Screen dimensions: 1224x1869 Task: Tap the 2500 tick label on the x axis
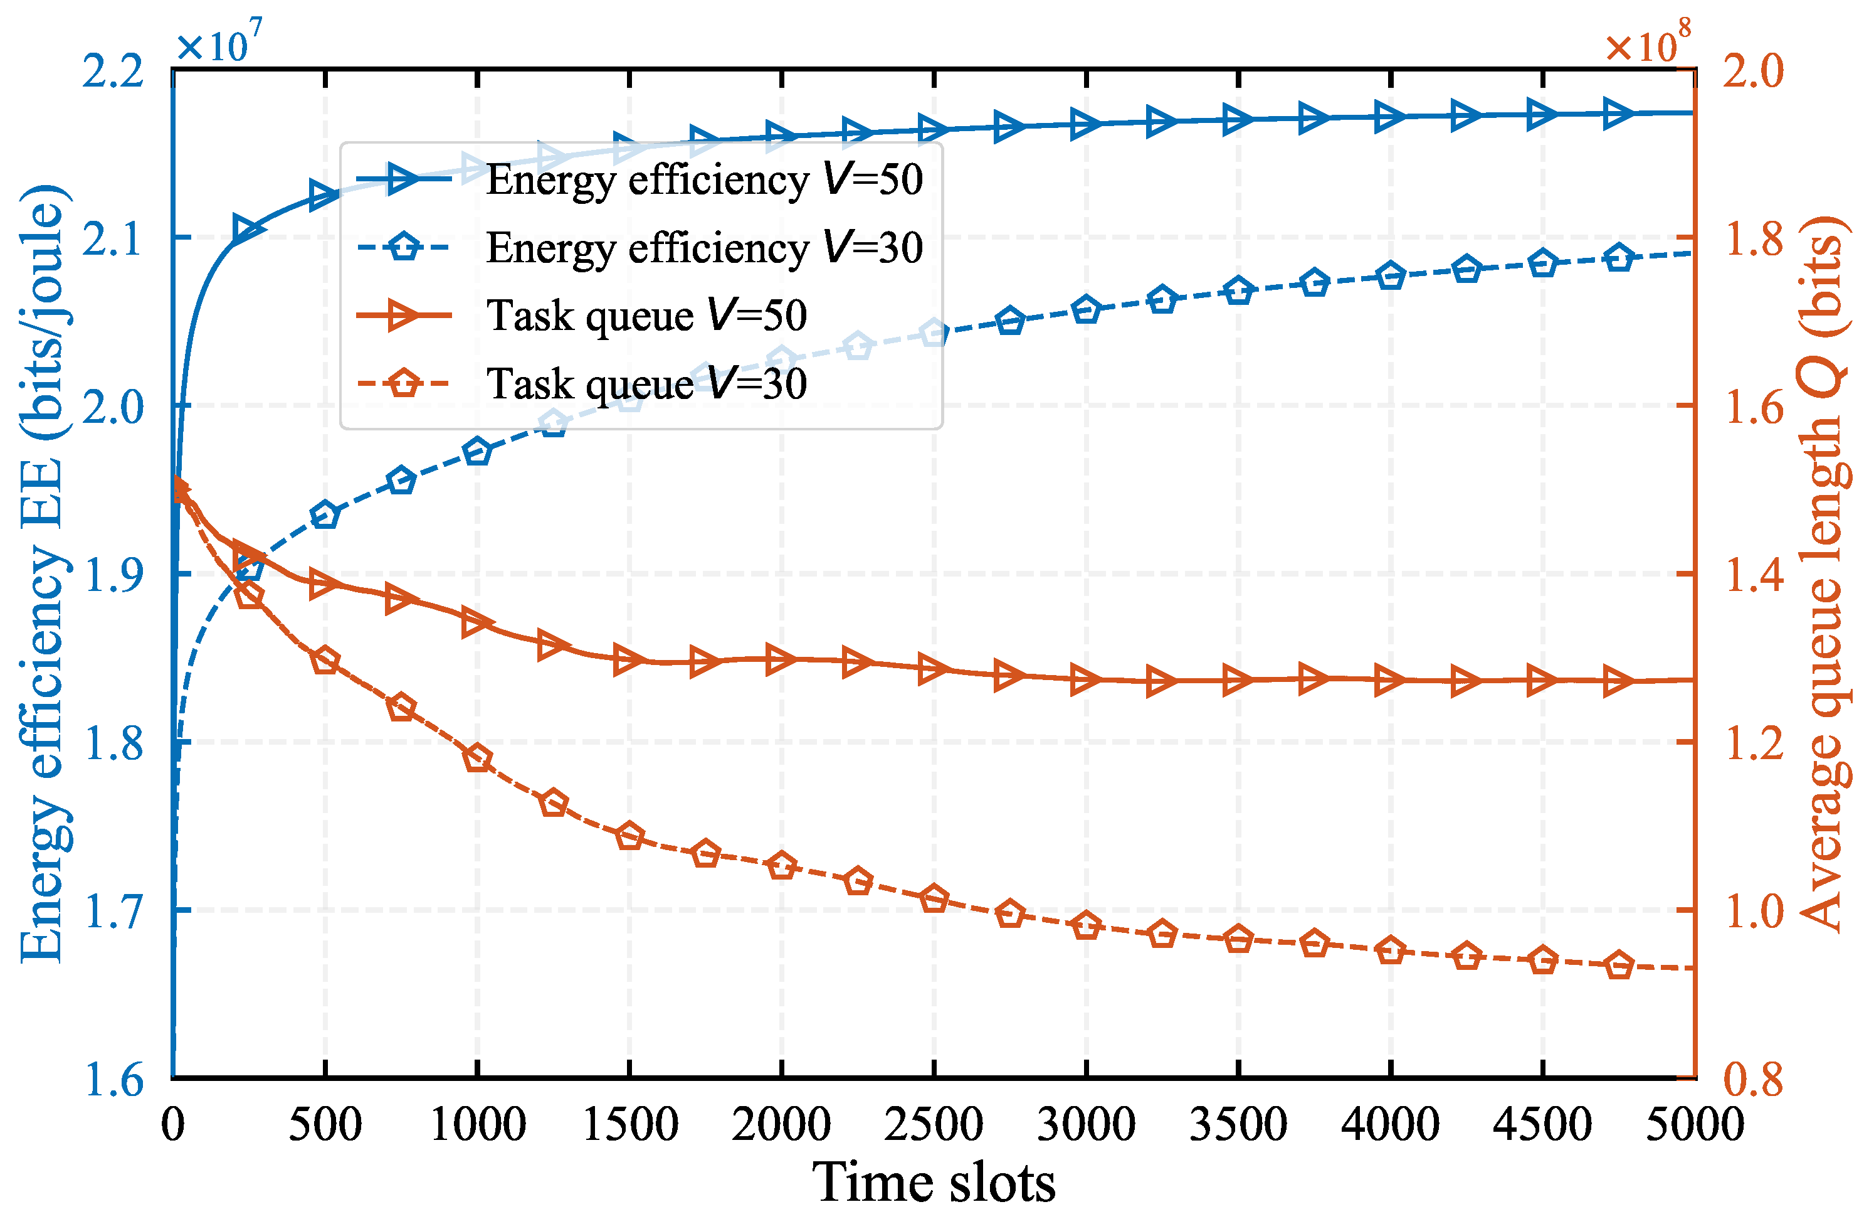(x=933, y=1124)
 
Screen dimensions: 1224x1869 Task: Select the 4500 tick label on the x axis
(x=1542, y=1124)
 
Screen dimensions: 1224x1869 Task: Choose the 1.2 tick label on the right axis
(x=1753, y=742)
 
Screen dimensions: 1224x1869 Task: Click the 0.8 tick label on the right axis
(x=1753, y=1078)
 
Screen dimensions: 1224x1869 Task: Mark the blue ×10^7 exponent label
(x=218, y=43)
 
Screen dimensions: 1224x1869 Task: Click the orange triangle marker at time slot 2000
(x=781, y=660)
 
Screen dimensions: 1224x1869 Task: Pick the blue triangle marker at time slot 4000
(x=1390, y=118)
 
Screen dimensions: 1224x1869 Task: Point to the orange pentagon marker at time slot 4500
(x=1542, y=961)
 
